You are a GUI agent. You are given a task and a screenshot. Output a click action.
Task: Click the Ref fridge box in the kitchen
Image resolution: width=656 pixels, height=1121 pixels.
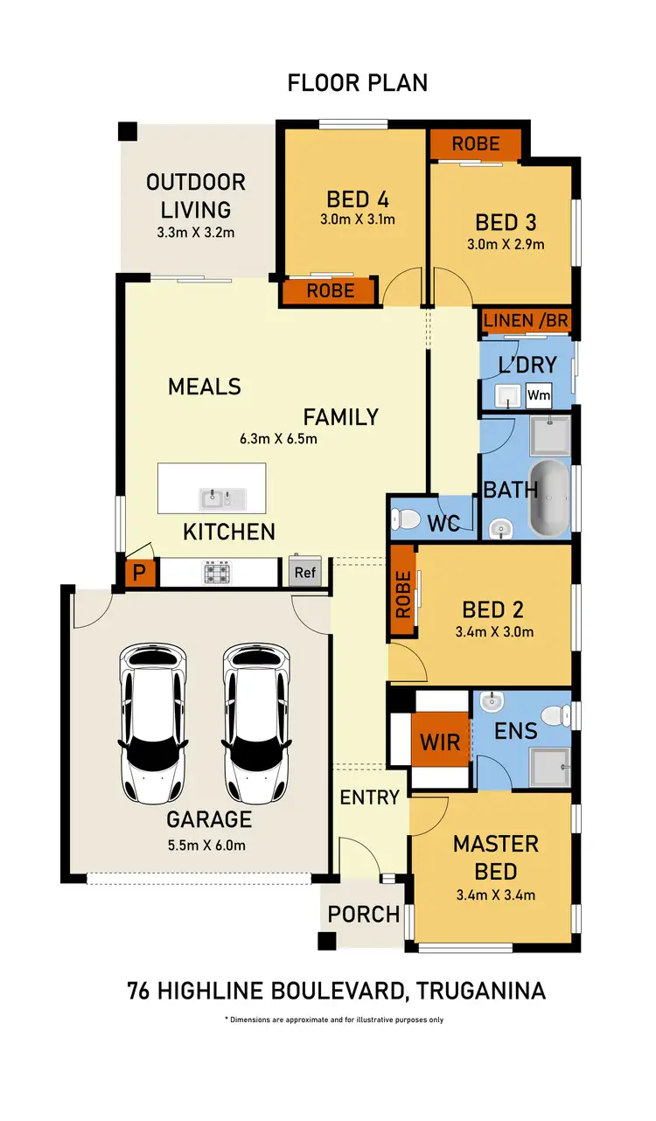(x=305, y=572)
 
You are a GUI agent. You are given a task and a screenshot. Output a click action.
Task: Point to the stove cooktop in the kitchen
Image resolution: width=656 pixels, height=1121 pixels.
(x=217, y=573)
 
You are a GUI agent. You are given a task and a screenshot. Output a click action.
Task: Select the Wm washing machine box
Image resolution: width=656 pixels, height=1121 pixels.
(x=539, y=395)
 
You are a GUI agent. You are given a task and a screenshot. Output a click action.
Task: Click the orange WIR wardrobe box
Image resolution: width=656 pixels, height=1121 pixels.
(x=440, y=742)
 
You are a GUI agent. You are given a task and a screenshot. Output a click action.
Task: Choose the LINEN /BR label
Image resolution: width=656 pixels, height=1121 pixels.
(x=526, y=321)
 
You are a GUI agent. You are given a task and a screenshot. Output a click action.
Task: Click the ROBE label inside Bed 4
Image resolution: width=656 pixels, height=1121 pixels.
(x=331, y=290)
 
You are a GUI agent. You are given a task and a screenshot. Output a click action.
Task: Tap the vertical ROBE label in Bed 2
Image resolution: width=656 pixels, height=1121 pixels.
(x=403, y=595)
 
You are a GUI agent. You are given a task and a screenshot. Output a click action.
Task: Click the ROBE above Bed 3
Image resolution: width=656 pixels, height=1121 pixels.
(x=476, y=143)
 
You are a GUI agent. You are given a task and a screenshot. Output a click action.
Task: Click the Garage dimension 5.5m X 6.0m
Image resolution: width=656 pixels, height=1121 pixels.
(x=206, y=845)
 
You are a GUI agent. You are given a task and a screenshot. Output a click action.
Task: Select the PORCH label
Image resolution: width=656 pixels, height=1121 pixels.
(x=363, y=915)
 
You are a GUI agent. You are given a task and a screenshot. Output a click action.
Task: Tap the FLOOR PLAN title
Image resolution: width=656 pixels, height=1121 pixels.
(x=358, y=83)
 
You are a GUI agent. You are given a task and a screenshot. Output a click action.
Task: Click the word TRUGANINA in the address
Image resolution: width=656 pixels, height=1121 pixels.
(x=481, y=991)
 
